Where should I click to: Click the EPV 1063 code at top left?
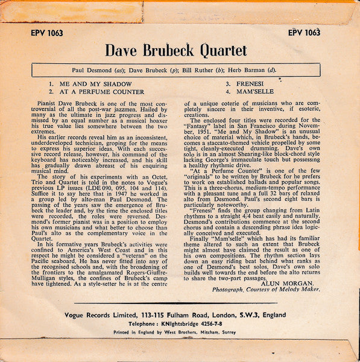tap(42, 33)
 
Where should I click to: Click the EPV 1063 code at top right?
tap(304, 33)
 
